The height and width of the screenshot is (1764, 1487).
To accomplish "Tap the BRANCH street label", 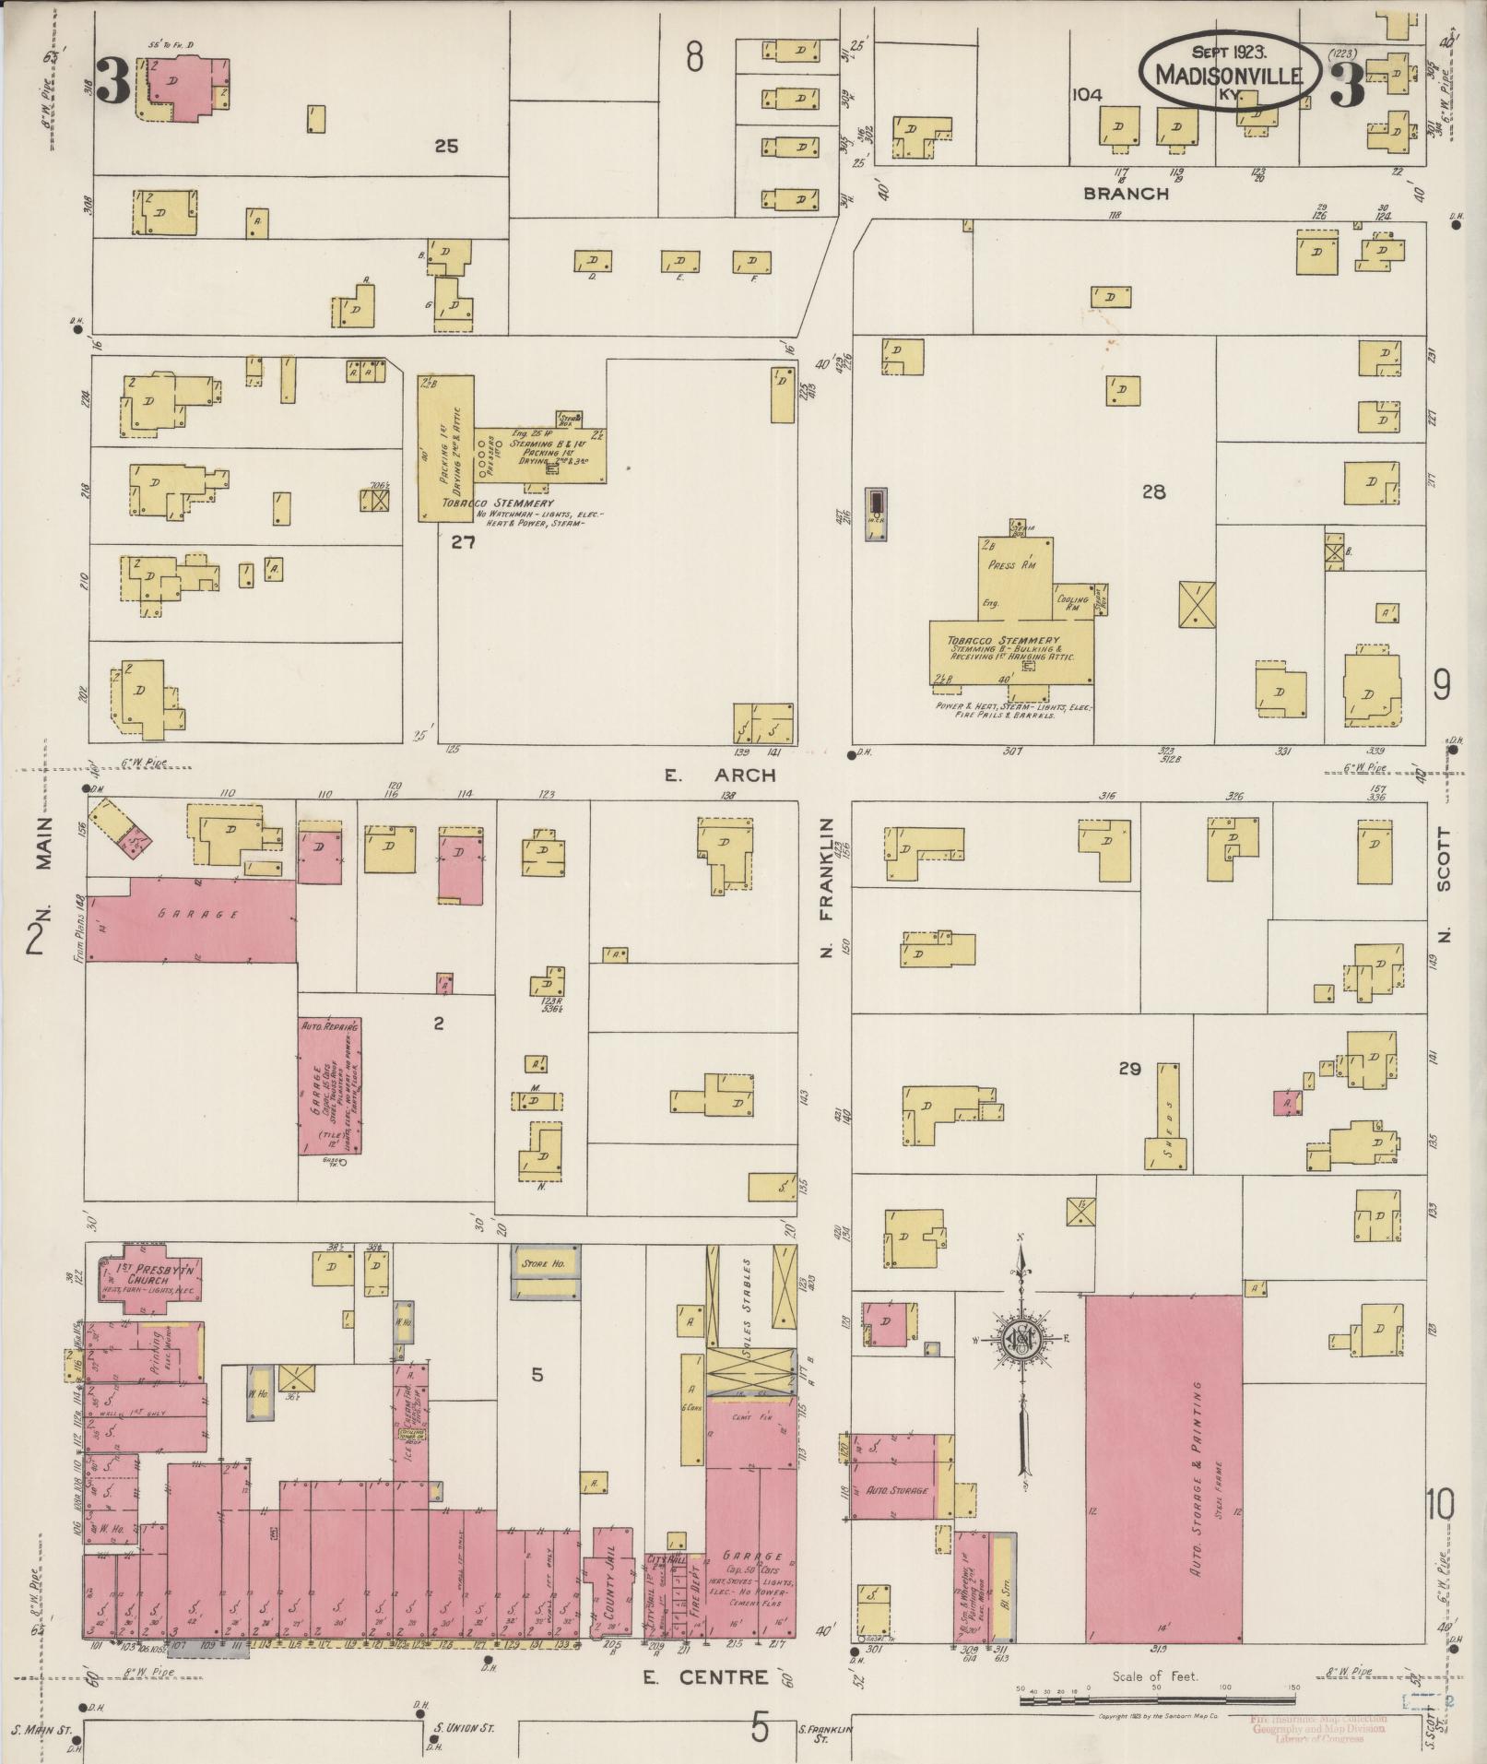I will tap(1126, 194).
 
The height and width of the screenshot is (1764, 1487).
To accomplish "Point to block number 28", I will tap(1153, 492).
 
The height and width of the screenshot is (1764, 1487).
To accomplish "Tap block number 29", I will tap(1129, 1070).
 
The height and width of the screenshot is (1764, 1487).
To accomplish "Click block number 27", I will tap(463, 542).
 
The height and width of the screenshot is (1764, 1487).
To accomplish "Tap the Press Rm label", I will tap(1012, 565).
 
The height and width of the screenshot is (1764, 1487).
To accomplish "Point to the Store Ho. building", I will tap(547, 1263).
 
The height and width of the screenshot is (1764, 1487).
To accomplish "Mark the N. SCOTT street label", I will tap(1443, 885).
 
